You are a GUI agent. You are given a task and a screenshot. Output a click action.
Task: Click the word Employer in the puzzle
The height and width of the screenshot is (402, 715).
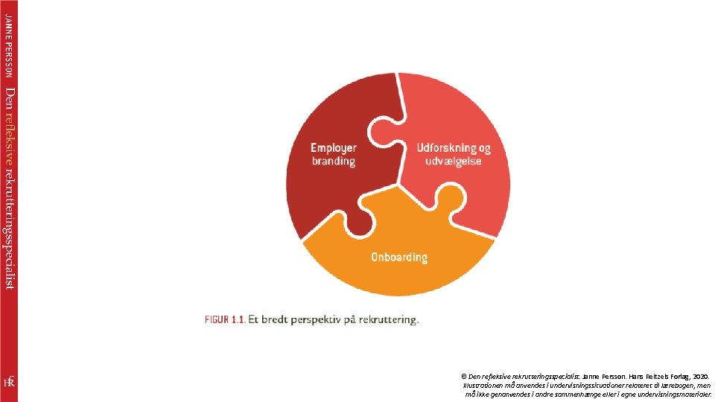coord(334,148)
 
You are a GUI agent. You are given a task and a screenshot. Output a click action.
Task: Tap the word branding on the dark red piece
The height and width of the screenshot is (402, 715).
coord(334,161)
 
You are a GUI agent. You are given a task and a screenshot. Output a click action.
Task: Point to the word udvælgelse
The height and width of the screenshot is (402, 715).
coord(454,161)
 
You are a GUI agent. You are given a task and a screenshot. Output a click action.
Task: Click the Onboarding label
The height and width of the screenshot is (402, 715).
coord(399,258)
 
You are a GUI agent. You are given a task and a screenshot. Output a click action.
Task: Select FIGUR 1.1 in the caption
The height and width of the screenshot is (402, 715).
coord(225,320)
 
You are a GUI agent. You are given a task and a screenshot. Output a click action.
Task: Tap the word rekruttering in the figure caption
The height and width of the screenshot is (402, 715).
coord(388,320)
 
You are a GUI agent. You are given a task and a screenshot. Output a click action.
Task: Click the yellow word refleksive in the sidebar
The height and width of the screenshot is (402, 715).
coord(9,134)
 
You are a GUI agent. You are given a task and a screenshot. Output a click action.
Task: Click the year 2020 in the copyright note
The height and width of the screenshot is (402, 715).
coord(700,377)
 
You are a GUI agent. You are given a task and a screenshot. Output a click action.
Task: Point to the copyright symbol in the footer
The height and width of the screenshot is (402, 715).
coord(464,377)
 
